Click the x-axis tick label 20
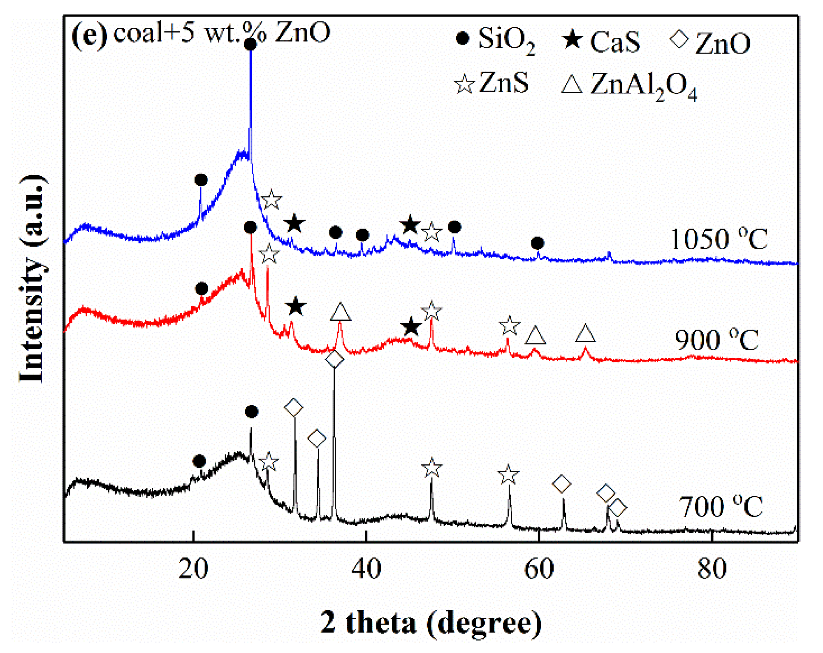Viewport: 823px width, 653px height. pyautogui.click(x=193, y=569)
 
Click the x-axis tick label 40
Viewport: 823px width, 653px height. pyautogui.click(x=366, y=569)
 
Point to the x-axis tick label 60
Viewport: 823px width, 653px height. pyautogui.click(x=539, y=569)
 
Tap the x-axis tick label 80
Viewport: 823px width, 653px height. pyautogui.click(x=712, y=569)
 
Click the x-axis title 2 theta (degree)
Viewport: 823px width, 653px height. pyautogui.click(x=431, y=623)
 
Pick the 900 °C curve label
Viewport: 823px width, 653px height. pyautogui.click(x=716, y=340)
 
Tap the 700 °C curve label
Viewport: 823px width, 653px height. pyautogui.click(x=721, y=507)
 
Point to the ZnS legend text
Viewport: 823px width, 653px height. pyautogui.click(x=504, y=83)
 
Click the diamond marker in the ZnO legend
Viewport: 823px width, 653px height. pyautogui.click(x=679, y=40)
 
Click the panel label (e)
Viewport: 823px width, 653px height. pyautogui.click(x=89, y=34)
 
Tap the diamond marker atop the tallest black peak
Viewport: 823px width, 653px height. pyautogui.click(x=334, y=359)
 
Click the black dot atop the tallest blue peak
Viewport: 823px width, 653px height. pyautogui.click(x=250, y=44)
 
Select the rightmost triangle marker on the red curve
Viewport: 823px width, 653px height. pyautogui.click(x=585, y=334)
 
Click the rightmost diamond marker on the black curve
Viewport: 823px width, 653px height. pyautogui.click(x=617, y=508)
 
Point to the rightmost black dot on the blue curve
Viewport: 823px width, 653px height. pyautogui.click(x=537, y=243)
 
